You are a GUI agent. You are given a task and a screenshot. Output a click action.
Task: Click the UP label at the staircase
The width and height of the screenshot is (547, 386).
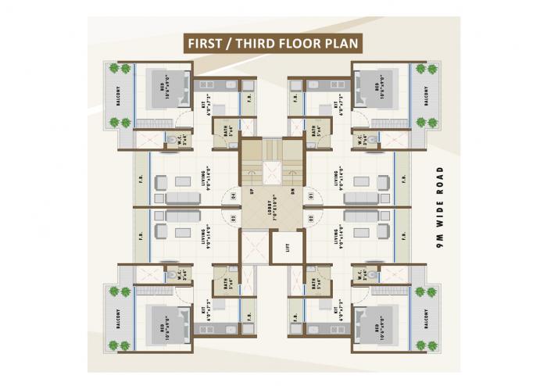click(x=251, y=190)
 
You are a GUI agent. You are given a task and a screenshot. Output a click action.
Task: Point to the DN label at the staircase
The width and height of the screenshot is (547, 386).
click(x=291, y=190)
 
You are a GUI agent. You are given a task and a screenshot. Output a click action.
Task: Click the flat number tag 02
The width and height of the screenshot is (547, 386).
click(x=310, y=218)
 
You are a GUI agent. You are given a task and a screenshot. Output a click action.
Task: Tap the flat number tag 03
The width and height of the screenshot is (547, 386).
click(x=233, y=218)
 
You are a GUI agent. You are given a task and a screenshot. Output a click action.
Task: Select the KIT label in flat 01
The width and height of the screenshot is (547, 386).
click(x=339, y=103)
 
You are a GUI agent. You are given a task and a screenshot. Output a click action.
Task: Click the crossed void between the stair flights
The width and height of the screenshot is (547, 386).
click(x=271, y=173)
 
